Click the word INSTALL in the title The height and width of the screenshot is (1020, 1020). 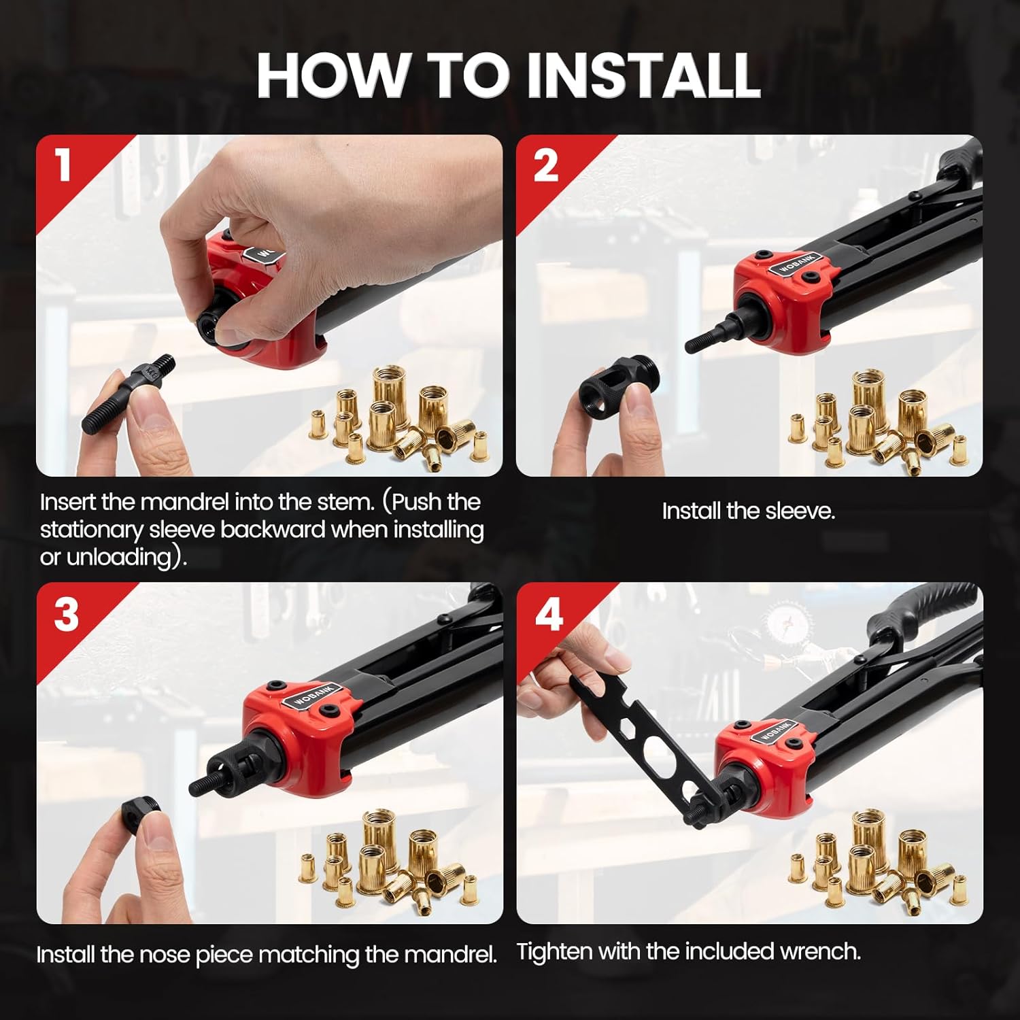pyautogui.click(x=643, y=75)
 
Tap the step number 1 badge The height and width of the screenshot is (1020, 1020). pyautogui.click(x=63, y=165)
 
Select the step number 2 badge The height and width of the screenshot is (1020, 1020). pyautogui.click(x=545, y=165)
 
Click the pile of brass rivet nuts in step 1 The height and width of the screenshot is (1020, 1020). pyautogui.click(x=401, y=418)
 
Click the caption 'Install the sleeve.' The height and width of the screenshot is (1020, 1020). pyautogui.click(x=748, y=511)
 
